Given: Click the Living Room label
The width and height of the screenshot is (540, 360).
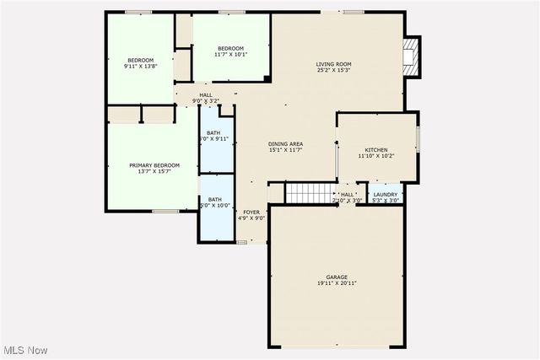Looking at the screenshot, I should click(333, 64).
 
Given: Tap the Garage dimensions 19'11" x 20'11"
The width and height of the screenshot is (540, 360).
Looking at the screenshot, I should click(337, 283).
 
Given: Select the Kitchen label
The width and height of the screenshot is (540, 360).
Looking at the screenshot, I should click(375, 150).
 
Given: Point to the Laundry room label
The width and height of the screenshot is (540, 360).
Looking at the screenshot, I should click(386, 195).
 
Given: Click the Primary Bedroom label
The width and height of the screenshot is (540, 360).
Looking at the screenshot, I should click(154, 165).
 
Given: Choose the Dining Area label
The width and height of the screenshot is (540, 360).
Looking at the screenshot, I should click(285, 144).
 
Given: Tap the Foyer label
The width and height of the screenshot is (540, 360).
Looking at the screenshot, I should click(251, 212).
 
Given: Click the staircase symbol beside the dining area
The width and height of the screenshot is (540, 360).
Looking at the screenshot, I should click(310, 192).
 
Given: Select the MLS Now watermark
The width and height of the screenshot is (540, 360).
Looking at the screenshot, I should click(24, 350).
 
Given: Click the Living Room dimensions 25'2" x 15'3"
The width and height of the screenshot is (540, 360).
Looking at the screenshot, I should click(333, 71).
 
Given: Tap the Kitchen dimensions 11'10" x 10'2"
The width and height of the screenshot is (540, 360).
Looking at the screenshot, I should click(375, 156).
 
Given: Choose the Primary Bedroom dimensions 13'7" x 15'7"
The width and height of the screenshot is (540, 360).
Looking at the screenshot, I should click(154, 172).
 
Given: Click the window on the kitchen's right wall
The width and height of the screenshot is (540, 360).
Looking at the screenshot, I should click(418, 137).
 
